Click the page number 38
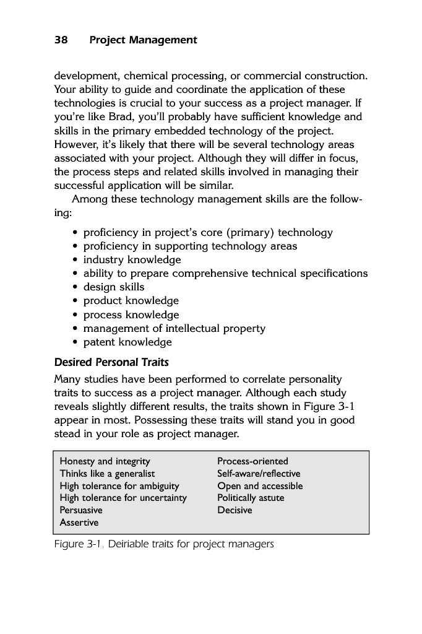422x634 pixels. coord(61,40)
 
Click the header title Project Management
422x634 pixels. coord(143,40)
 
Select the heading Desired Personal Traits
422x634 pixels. coord(111,362)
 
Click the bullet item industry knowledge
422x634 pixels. coord(132,260)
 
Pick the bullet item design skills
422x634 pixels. coord(114,287)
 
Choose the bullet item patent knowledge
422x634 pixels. coord(127,342)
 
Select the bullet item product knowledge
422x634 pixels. coord(131,301)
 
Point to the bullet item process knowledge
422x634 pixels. coord(131,315)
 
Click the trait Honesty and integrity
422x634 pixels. coord(105,461)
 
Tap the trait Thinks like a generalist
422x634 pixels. coord(107,474)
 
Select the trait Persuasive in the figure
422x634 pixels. coord(81,510)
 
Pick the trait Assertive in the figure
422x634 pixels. coord(79,523)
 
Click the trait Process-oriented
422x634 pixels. coord(252,461)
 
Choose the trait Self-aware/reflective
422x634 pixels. coord(259,474)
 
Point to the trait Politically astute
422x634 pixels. coord(251,498)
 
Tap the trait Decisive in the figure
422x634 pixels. coord(235,510)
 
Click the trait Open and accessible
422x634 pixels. coord(260,486)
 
